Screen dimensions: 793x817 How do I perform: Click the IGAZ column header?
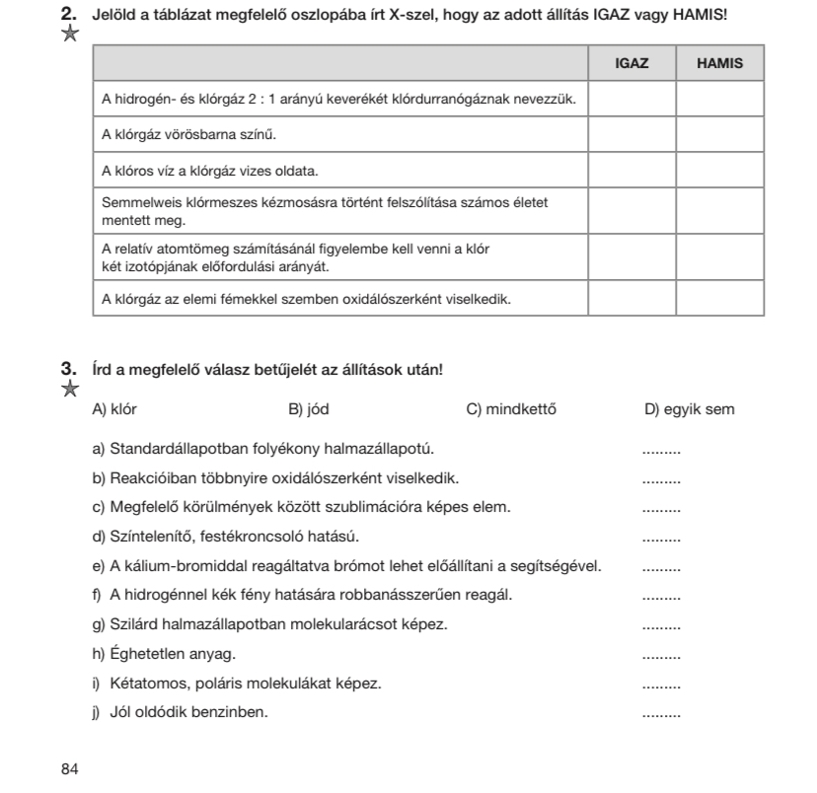pyautogui.click(x=631, y=63)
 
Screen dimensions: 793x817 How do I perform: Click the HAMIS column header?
pyautogui.click(x=718, y=63)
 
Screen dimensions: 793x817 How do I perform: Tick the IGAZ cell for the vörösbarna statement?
pyautogui.click(x=631, y=132)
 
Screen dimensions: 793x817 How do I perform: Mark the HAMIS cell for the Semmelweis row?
pyautogui.click(x=718, y=209)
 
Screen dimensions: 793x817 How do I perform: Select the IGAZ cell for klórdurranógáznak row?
pyautogui.click(x=631, y=99)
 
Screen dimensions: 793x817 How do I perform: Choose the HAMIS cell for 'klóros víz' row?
pyautogui.click(x=718, y=171)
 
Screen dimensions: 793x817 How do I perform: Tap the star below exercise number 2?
pyautogui.click(x=70, y=35)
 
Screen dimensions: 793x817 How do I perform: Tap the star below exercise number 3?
pyautogui.click(x=70, y=389)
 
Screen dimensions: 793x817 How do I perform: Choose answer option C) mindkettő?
pyautogui.click(x=509, y=409)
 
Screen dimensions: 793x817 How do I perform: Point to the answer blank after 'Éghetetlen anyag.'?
pyautogui.click(x=661, y=656)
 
